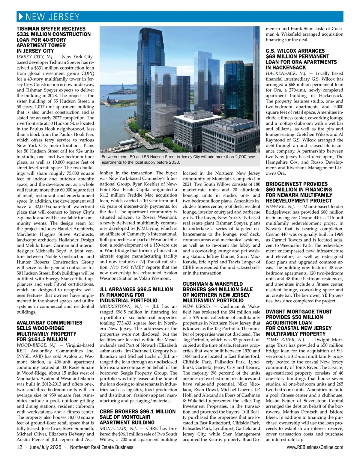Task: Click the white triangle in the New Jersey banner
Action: (x=21, y=17)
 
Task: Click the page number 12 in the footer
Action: (x=19, y=447)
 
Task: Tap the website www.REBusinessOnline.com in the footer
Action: (x=315, y=447)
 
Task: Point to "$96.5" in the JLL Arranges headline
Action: (x=145, y=289)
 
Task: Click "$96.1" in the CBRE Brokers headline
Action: (x=146, y=411)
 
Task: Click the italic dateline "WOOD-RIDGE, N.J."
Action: (x=36, y=345)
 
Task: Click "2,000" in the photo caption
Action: (x=241, y=157)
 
